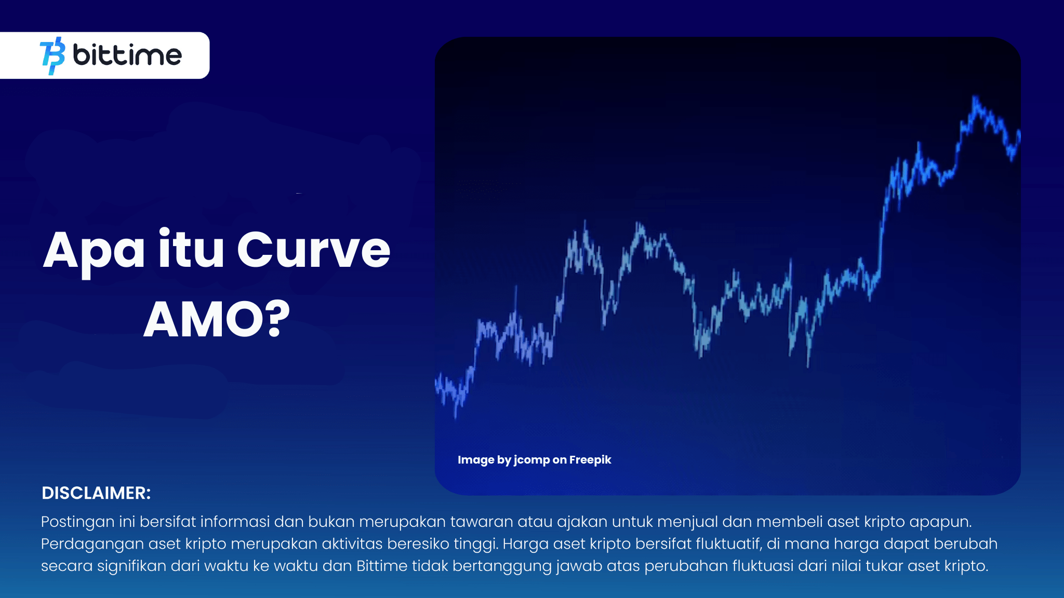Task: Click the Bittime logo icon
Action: pos(52,56)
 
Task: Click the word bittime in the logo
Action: pos(127,55)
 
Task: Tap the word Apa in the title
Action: pos(94,252)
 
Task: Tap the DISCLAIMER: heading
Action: pos(96,493)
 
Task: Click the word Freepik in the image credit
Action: pos(590,460)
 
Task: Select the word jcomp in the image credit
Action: pos(531,460)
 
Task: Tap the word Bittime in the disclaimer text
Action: pos(382,566)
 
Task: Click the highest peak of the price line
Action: pos(975,98)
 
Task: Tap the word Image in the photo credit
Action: pos(475,460)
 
